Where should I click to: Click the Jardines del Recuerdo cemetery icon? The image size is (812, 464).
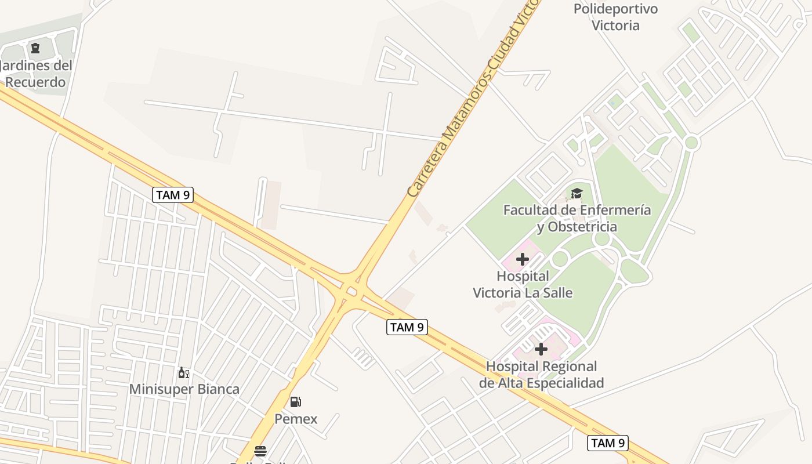35,48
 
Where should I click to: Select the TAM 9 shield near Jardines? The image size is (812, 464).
173,195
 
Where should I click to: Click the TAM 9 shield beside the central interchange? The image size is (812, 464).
407,327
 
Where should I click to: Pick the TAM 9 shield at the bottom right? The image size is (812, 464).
608,443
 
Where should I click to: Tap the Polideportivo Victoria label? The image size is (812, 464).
615,17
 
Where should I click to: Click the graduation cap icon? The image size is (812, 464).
576,193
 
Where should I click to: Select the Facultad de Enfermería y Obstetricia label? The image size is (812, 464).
577,218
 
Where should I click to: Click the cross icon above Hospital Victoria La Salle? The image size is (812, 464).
523,259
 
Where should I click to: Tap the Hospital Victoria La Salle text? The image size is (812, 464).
523,284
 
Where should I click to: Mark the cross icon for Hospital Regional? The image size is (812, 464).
541,349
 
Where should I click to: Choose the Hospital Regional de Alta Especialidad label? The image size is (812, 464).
541,375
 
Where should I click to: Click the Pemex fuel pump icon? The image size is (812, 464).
295,401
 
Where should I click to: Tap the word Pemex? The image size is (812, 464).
296,419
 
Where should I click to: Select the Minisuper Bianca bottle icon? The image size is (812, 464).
183,372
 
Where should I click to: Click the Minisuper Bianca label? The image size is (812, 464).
184,389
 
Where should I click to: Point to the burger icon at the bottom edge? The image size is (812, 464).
260,451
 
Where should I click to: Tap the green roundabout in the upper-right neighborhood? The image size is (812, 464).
691,142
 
